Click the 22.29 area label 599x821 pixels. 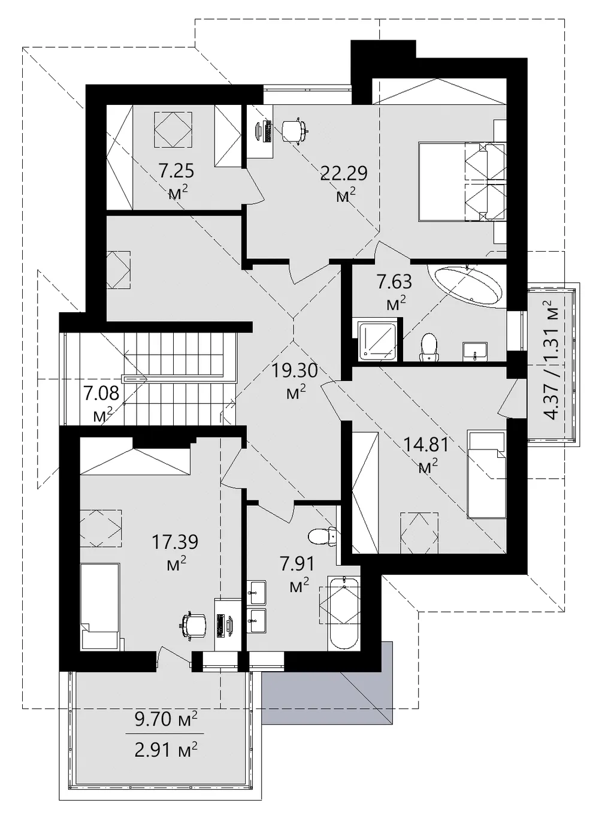[343, 173]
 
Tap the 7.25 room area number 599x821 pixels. [176, 171]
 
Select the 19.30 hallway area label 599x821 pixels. [294, 371]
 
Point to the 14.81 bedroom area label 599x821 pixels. [426, 445]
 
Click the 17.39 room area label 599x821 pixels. [175, 542]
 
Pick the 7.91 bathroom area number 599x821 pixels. [297, 564]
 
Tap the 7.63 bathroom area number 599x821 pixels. [395, 282]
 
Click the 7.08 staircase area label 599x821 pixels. [101, 393]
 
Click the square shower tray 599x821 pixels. [377, 340]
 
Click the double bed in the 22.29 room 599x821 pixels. [462, 182]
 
